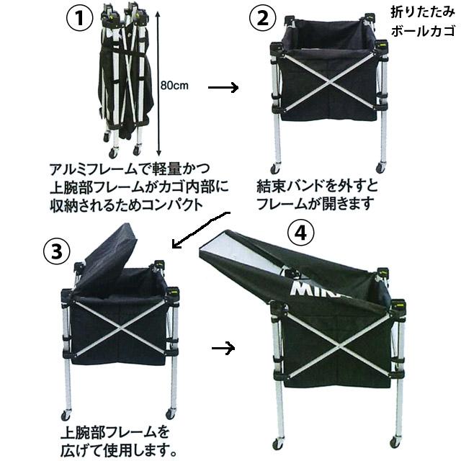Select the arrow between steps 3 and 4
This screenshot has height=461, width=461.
pos(225,348)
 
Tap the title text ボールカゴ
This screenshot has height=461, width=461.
pos(421,32)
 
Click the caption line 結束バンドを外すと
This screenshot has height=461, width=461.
pos(318,186)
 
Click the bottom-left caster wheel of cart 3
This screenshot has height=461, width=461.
pos(66,416)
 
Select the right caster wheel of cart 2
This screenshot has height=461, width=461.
pos(380,168)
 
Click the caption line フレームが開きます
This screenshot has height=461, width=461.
pos(318,203)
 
